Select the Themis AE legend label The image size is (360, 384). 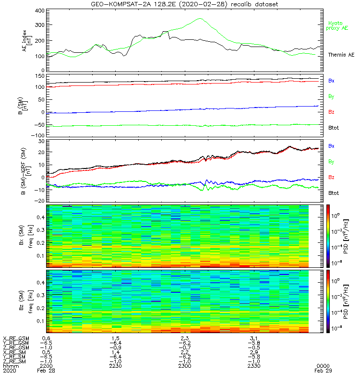[x=341, y=55]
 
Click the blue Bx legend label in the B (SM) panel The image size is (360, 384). [x=331, y=81]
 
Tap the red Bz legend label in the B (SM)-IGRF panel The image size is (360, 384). [x=331, y=177]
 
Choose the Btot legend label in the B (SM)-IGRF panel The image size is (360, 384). [x=333, y=193]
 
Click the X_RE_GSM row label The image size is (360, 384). [x=16, y=338]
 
